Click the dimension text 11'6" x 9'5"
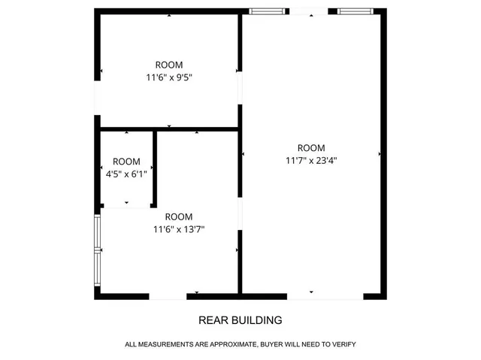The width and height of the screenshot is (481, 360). tap(168, 77)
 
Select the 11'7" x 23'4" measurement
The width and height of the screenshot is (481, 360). tap(311, 159)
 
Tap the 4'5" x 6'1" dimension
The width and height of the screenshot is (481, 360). tap(126, 174)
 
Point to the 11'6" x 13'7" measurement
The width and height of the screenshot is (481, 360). tap(179, 229)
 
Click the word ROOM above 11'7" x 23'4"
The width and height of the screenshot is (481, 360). tap(311, 147)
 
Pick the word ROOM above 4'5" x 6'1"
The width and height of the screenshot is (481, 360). tap(126, 162)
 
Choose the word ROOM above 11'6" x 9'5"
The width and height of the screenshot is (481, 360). tap(168, 65)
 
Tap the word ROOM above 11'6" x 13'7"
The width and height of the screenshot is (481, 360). tap(179, 217)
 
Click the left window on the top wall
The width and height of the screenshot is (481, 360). tap(268, 11)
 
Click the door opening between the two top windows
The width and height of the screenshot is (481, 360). tap(310, 11)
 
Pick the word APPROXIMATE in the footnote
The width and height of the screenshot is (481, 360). tap(230, 344)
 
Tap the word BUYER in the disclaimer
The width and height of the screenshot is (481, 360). tap(274, 344)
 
